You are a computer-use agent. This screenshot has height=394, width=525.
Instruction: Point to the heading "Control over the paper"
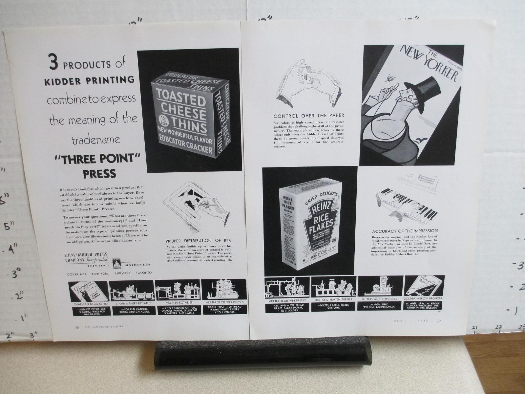pos(309,116)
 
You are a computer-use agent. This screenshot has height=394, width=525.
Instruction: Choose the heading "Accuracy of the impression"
pos(405,231)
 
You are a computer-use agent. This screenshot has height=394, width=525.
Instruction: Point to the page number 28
pos(77,327)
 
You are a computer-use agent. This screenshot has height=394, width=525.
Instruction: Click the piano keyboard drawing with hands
pos(405,204)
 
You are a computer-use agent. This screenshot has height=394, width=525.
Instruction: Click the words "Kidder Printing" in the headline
pos(89,80)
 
